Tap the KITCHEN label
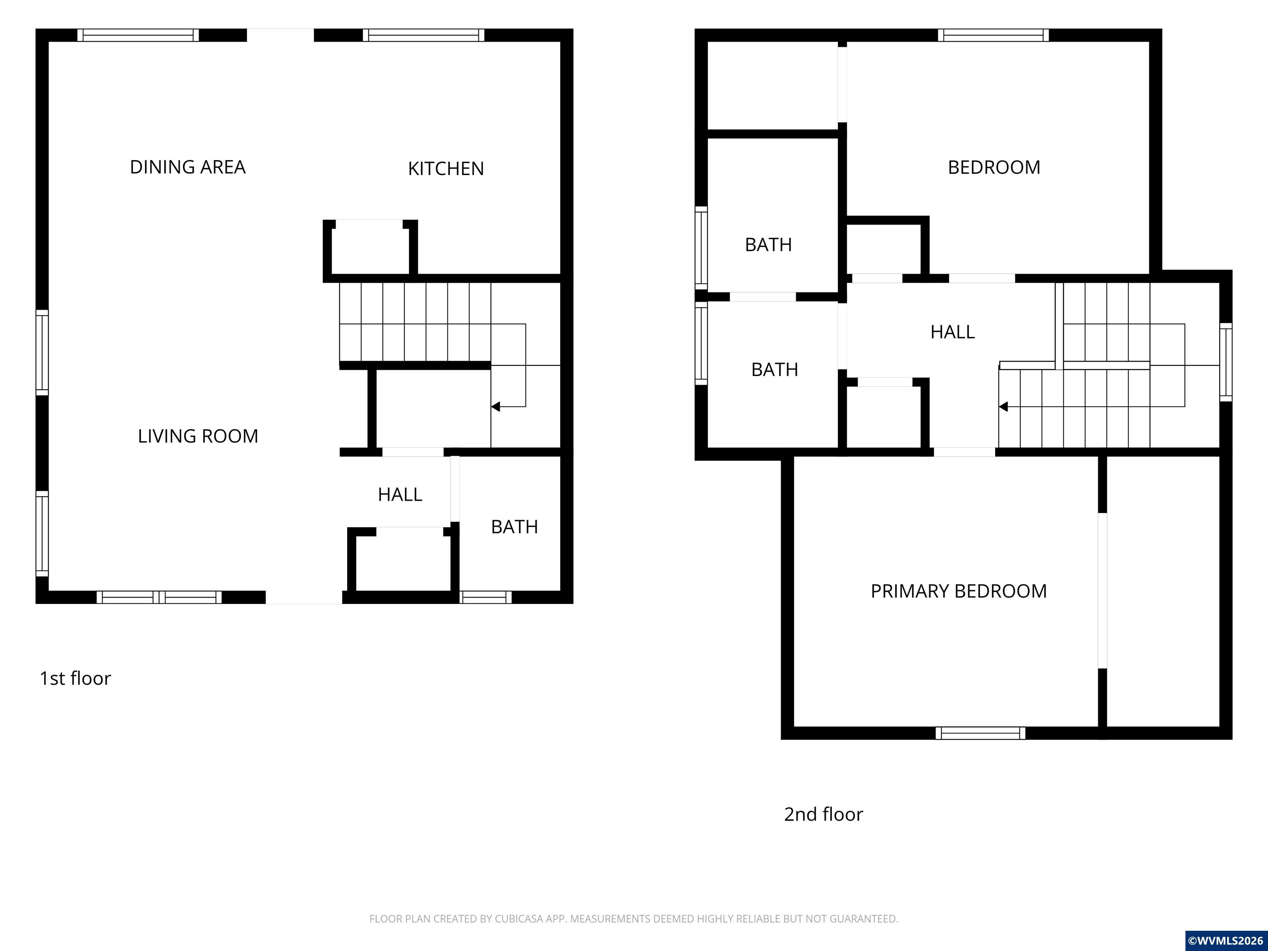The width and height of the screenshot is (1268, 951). [x=445, y=168]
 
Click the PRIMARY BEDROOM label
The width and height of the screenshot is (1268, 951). [x=958, y=591]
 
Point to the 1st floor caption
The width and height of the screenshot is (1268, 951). [x=75, y=678]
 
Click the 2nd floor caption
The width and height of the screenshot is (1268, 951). [x=823, y=814]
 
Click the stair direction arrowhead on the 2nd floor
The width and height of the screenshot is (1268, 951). [x=1003, y=407]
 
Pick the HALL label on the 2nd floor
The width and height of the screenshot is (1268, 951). [x=952, y=332]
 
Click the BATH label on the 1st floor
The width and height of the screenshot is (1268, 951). [x=514, y=527]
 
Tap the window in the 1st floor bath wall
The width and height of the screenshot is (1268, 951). [x=485, y=597]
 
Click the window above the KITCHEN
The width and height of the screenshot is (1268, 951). [x=423, y=35]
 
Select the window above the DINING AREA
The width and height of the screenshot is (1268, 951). [x=138, y=35]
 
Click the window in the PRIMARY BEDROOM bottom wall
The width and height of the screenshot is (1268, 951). [x=980, y=733]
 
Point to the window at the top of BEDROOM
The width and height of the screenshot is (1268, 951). [x=993, y=35]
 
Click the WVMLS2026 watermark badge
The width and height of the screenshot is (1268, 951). [x=1225, y=940]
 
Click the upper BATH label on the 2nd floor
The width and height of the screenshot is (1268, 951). [x=768, y=245]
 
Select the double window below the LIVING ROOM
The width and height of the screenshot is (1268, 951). [x=159, y=597]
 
